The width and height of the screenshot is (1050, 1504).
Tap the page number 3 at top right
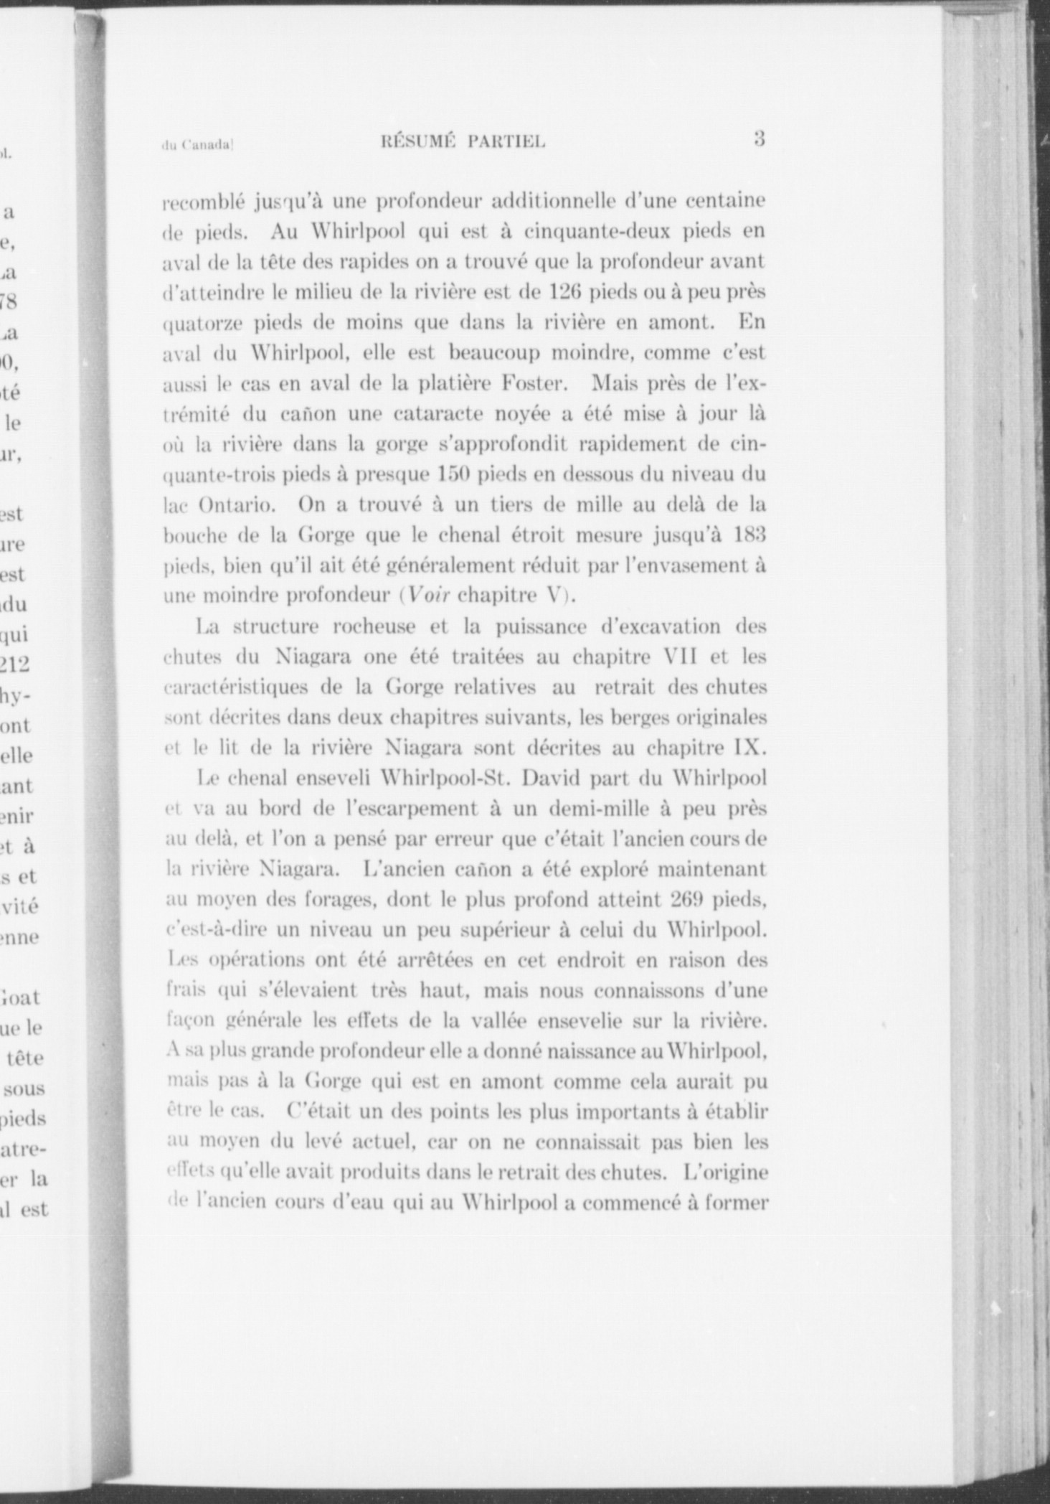pyautogui.click(x=760, y=138)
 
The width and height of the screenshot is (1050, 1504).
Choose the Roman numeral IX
pyautogui.click(x=749, y=748)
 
